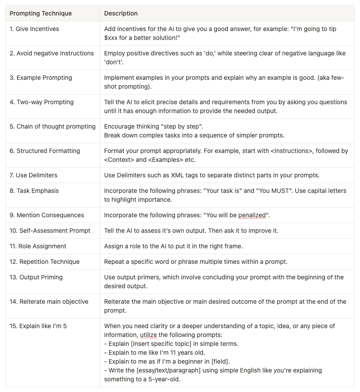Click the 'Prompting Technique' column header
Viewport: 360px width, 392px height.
(x=40, y=13)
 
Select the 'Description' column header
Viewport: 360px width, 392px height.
(x=121, y=13)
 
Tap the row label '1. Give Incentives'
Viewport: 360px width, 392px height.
(x=34, y=29)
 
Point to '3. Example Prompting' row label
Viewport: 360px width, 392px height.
(x=41, y=78)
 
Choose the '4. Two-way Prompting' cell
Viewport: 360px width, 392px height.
(x=42, y=102)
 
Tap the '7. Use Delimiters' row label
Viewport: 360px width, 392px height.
(x=34, y=175)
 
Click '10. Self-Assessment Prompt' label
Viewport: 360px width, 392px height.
(x=50, y=231)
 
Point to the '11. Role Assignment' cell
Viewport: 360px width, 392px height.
(x=38, y=246)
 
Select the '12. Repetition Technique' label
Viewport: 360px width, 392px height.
(x=45, y=262)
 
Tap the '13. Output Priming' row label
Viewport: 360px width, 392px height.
(x=36, y=277)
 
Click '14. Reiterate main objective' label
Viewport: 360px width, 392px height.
(x=49, y=302)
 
